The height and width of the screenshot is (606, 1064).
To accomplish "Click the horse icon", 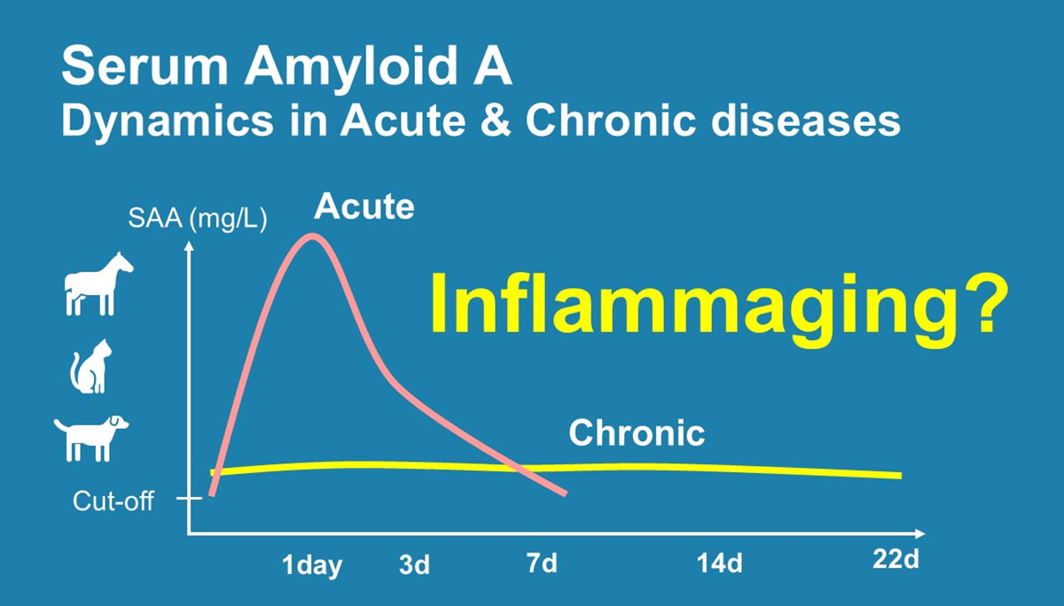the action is [x=98, y=284].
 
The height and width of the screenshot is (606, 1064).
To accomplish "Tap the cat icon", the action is [x=91, y=367].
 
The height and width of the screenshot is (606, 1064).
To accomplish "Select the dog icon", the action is [x=90, y=439].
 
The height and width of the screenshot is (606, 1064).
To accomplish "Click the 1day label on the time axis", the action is [x=312, y=564].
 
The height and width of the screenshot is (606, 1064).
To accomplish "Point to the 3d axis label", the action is [x=414, y=564].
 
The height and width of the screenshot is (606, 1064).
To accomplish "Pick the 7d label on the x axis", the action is [x=542, y=563].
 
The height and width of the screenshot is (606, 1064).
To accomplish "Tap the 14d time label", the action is [x=720, y=563].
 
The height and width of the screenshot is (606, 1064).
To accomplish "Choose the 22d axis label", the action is [x=896, y=559].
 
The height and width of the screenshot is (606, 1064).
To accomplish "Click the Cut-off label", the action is [x=113, y=501].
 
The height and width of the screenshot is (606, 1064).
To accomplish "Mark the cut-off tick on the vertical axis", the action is [x=189, y=498].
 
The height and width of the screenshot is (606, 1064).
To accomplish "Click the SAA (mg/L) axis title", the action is [x=198, y=219].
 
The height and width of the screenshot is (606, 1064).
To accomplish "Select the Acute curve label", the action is [x=364, y=206].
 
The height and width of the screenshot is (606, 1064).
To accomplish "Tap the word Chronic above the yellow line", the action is [x=637, y=432].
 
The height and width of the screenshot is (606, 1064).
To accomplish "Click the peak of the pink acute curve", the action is [x=312, y=236].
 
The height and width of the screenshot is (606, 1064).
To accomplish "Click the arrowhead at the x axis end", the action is [x=919, y=534].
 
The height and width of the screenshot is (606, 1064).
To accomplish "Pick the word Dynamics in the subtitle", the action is [x=168, y=122].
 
